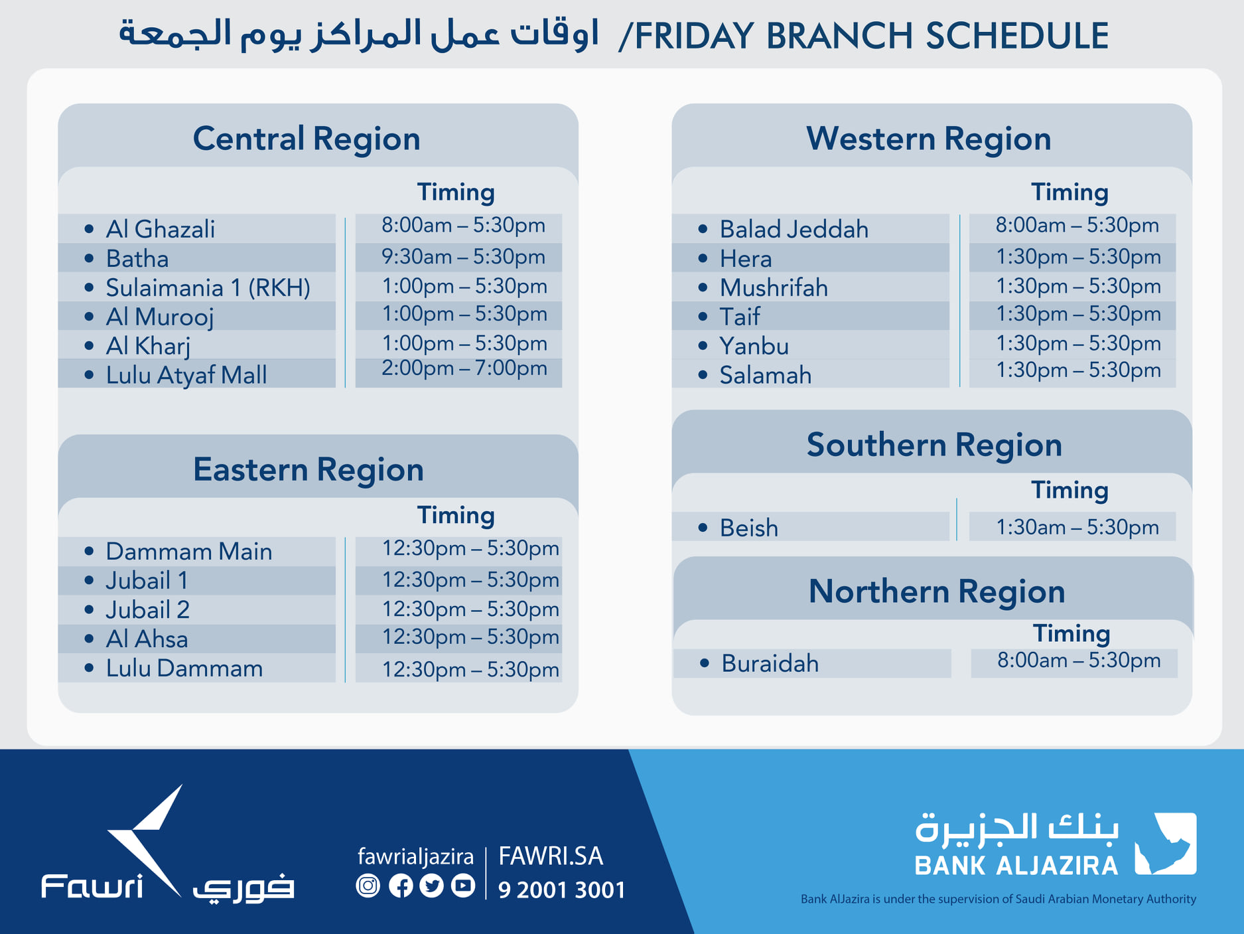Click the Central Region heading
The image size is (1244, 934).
click(x=307, y=139)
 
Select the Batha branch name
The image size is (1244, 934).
click(x=137, y=258)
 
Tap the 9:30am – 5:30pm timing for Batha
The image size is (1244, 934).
click(x=463, y=257)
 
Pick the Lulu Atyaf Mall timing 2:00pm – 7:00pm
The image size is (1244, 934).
click(x=464, y=368)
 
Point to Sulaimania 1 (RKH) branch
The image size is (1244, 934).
click(x=208, y=287)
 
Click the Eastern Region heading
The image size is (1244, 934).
click(x=309, y=470)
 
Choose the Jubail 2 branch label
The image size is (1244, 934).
click(x=147, y=609)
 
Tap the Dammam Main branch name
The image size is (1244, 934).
click(x=189, y=551)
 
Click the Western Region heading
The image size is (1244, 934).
click(x=929, y=139)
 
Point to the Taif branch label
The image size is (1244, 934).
click(x=740, y=317)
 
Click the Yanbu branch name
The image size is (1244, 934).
click(x=754, y=346)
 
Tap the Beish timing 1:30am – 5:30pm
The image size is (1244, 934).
click(x=1077, y=527)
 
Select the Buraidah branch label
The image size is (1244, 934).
click(x=770, y=663)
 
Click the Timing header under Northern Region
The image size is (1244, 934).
click(x=1071, y=633)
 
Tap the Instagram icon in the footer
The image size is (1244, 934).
click(x=368, y=886)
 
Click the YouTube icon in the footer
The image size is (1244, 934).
click(x=463, y=886)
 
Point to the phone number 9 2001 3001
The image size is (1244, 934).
click(x=562, y=890)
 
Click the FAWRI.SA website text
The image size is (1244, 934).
click(x=551, y=856)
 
